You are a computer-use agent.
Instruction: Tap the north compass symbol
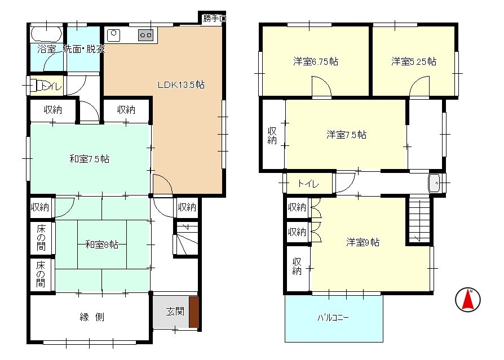(467, 299)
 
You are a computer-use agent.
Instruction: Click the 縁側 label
(91, 317)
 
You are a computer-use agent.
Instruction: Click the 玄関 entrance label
(175, 310)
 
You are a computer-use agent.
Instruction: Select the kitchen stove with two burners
(146, 35)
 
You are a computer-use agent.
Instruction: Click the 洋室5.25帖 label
(414, 62)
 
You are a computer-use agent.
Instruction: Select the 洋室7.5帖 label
(346, 135)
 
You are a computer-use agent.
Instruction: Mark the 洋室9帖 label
(362, 242)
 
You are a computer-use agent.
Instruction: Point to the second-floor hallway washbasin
(434, 184)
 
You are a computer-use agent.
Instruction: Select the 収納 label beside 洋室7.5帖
(272, 135)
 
